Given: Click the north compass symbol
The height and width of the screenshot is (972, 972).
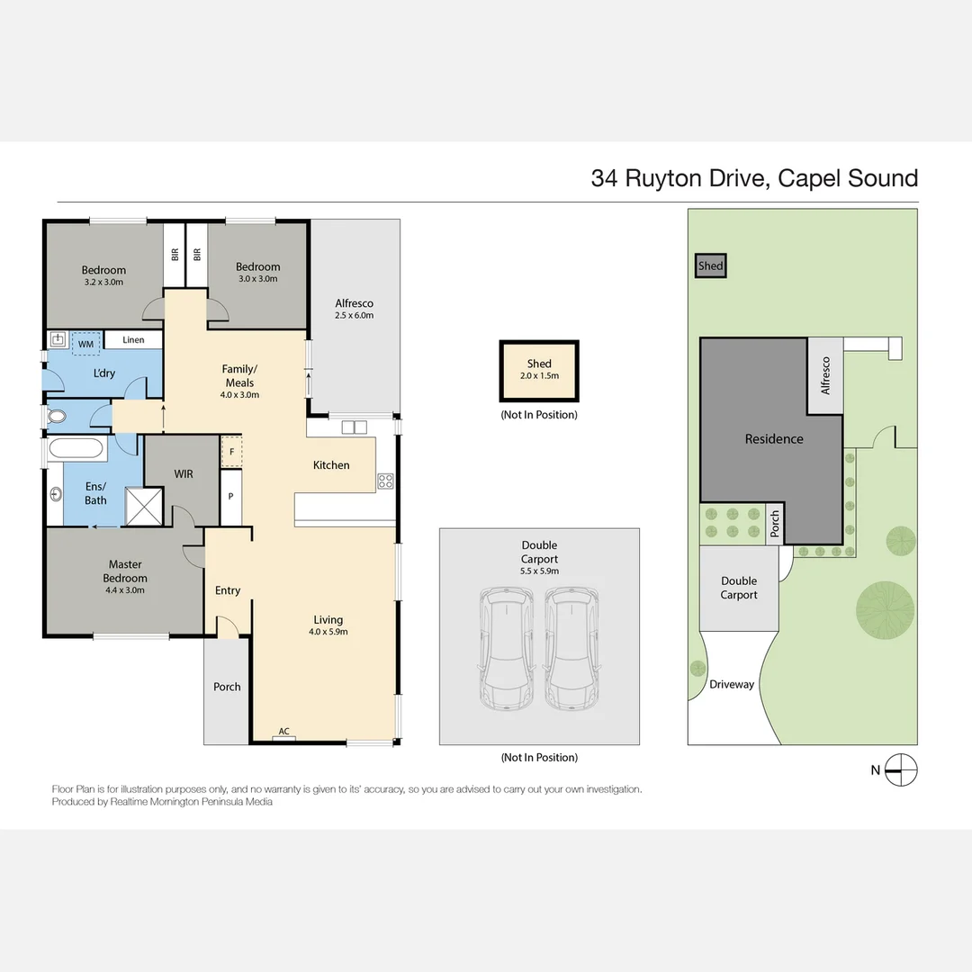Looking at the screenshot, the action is pyautogui.click(x=901, y=769).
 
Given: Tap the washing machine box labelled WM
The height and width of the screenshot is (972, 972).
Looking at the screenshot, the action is pyautogui.click(x=86, y=344).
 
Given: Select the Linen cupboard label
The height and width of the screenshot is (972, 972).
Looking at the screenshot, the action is pyautogui.click(x=133, y=339).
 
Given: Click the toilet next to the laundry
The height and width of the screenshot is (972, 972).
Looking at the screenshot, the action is pyautogui.click(x=57, y=416).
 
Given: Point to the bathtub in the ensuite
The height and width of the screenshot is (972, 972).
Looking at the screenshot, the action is pyautogui.click(x=76, y=448).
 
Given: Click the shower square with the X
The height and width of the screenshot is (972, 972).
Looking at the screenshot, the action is pyautogui.click(x=144, y=507).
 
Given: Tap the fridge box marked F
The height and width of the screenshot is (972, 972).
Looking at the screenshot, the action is pyautogui.click(x=232, y=452).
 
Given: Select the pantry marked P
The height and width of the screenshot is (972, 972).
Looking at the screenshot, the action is pyautogui.click(x=230, y=497).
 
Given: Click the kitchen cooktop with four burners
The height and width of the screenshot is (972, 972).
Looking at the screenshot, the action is pyautogui.click(x=385, y=481).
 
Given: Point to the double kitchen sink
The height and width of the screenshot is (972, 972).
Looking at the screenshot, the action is pyautogui.click(x=355, y=427).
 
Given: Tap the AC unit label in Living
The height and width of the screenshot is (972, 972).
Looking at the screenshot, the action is pyautogui.click(x=283, y=732).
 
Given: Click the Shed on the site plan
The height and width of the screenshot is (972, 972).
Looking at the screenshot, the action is pyautogui.click(x=710, y=265).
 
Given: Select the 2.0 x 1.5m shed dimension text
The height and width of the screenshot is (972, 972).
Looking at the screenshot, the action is pyautogui.click(x=539, y=375).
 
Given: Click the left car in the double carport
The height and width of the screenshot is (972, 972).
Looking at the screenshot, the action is pyautogui.click(x=507, y=648).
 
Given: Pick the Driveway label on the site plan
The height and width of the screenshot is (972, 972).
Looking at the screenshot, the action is pyautogui.click(x=732, y=684).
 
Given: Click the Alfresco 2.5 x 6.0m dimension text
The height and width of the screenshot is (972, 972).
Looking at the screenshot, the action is pyautogui.click(x=355, y=315).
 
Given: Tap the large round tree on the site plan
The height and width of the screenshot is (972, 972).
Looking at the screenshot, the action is pyautogui.click(x=885, y=610).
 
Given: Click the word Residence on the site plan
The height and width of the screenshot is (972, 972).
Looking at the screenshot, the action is pyautogui.click(x=774, y=439).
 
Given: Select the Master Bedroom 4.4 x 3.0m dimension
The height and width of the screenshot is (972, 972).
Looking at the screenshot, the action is pyautogui.click(x=125, y=590).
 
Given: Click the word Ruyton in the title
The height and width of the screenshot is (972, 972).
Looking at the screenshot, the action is pyautogui.click(x=664, y=178).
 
